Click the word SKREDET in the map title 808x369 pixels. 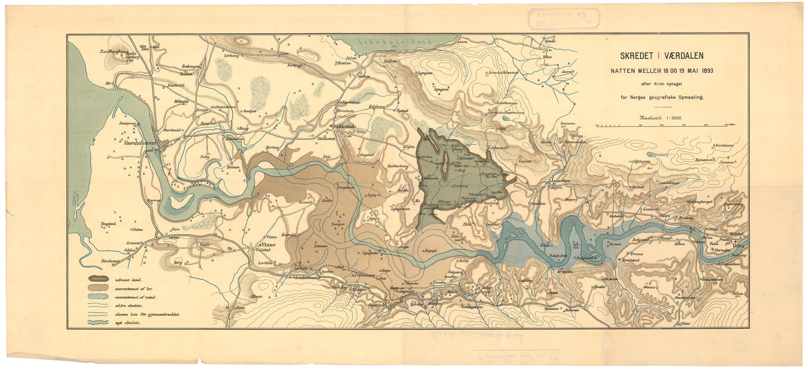(x=636, y=56)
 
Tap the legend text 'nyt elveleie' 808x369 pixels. (x=127, y=323)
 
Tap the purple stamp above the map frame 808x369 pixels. (x=564, y=18)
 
